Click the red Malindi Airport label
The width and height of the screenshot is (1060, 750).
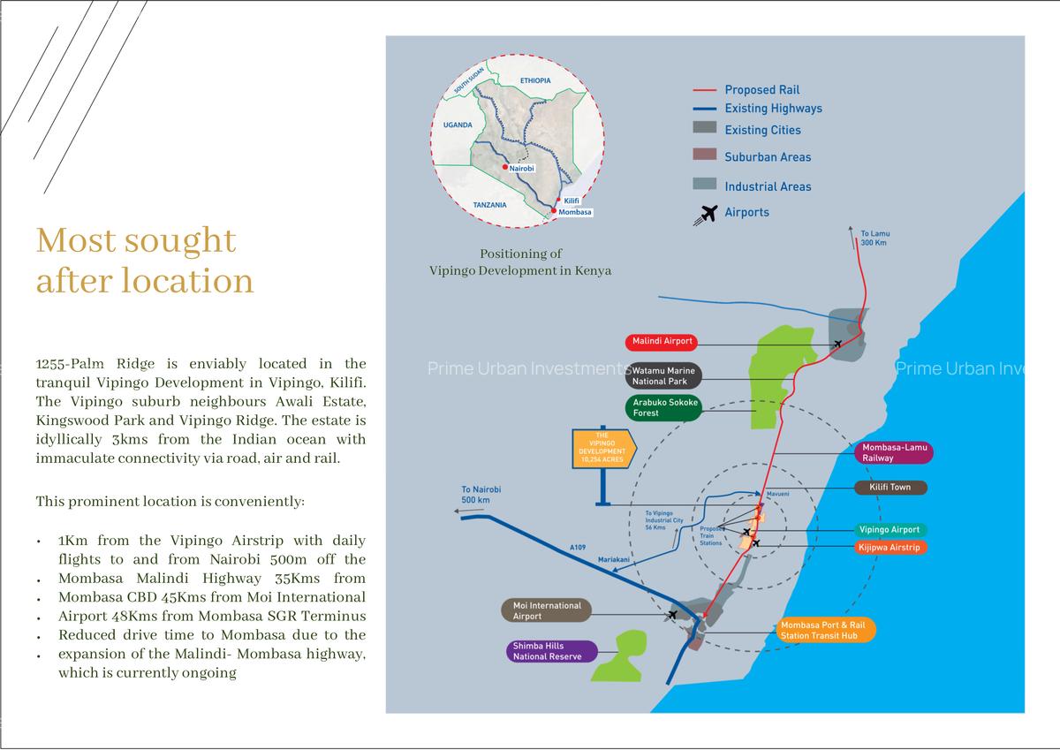pos(661,342)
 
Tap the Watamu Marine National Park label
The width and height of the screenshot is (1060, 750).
pos(664,376)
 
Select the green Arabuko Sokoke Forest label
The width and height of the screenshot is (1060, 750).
pos(664,408)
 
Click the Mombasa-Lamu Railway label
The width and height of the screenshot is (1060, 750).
pos(894,452)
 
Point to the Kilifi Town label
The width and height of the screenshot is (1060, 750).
pos(890,488)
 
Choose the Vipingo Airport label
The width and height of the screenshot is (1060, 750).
pos(890,530)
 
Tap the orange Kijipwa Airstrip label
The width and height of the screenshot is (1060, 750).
pos(890,548)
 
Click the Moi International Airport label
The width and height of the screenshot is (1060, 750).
pos(547,611)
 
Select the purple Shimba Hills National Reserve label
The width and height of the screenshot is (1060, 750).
pos(552,651)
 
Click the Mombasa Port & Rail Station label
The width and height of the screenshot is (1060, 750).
pos(826,630)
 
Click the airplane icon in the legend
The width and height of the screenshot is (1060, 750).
pos(706,215)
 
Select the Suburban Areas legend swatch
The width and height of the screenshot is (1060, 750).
pos(705,155)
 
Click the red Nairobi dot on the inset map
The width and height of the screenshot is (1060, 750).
pos(505,167)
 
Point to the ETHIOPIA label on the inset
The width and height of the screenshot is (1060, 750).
pos(535,81)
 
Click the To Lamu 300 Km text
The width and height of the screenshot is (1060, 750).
pos(875,238)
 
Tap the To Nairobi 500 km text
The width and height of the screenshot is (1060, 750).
pos(481,495)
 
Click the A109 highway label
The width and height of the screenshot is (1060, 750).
pos(578,548)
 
